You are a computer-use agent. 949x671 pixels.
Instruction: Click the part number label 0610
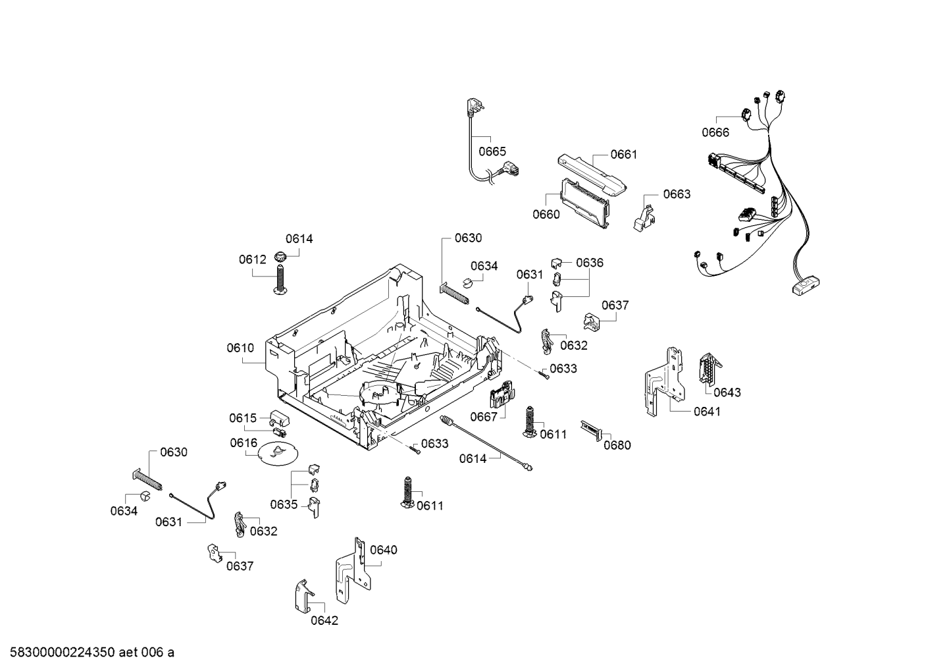(240, 348)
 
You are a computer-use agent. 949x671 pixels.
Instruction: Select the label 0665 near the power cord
(492, 151)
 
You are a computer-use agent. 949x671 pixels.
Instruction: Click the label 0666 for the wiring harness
(715, 132)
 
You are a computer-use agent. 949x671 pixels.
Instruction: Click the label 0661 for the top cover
(623, 155)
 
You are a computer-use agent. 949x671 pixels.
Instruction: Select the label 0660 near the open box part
(546, 214)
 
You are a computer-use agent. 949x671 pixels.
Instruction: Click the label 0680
(617, 445)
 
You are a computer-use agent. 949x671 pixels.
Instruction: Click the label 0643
(727, 392)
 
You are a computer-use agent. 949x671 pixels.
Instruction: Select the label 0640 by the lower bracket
(383, 550)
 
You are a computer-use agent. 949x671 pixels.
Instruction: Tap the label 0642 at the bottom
(324, 620)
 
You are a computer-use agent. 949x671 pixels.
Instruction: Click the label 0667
(483, 417)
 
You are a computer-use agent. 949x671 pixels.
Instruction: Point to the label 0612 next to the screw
(252, 260)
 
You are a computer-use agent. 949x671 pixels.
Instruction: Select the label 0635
(284, 504)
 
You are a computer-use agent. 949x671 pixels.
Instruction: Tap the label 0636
(589, 263)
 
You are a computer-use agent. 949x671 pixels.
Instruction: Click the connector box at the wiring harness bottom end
(804, 285)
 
